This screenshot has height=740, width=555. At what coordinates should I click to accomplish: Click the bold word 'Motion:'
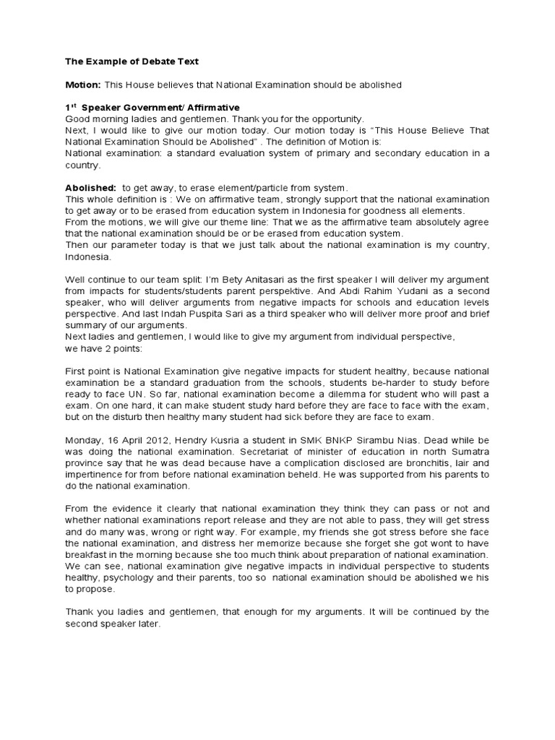point(82,85)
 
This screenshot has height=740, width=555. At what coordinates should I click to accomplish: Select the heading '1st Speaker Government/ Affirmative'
point(152,108)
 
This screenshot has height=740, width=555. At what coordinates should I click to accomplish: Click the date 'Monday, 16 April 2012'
point(117,440)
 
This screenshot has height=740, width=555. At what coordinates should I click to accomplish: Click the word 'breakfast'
point(87,554)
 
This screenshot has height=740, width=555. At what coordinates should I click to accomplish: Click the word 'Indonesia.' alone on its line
point(89,256)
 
